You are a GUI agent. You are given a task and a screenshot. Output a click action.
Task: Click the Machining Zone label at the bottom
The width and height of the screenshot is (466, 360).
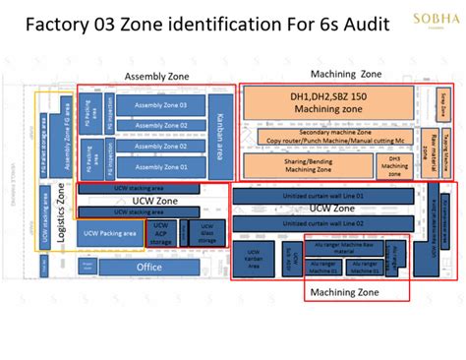click(x=342, y=291)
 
